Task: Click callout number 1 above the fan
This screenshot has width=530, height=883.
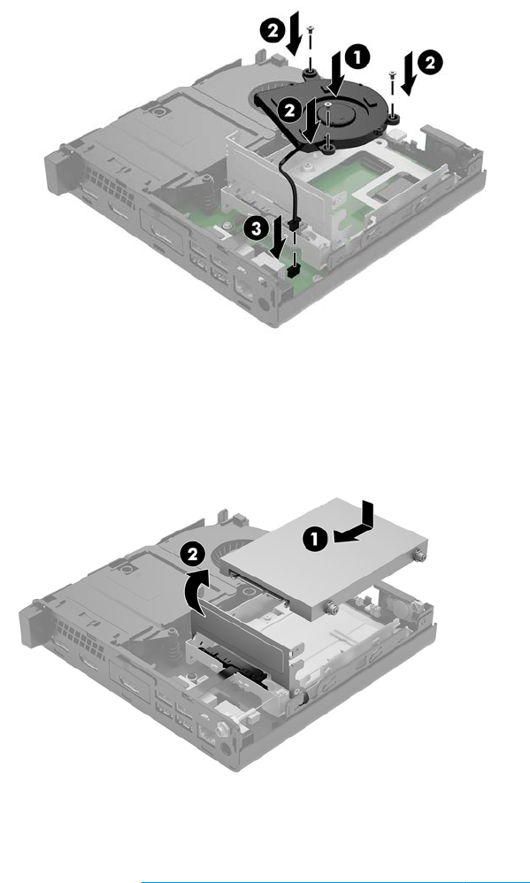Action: point(358,58)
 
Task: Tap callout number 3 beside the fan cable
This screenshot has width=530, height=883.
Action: point(257,229)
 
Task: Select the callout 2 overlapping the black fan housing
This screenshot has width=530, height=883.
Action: point(290,111)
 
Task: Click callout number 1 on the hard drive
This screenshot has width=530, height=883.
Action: point(315,540)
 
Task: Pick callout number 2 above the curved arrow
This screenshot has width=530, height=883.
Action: point(193,555)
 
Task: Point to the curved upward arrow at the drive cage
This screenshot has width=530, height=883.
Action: point(197,591)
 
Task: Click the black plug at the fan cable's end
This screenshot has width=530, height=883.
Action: point(293,225)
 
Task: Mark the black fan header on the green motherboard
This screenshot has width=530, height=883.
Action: point(293,272)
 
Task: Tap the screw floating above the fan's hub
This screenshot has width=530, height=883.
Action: point(327,104)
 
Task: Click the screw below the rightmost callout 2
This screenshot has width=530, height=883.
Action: point(393,74)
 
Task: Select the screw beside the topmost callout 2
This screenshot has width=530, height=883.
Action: point(310,29)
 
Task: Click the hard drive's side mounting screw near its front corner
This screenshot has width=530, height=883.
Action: point(333,608)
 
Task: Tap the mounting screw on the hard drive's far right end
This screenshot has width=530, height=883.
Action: point(419,556)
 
